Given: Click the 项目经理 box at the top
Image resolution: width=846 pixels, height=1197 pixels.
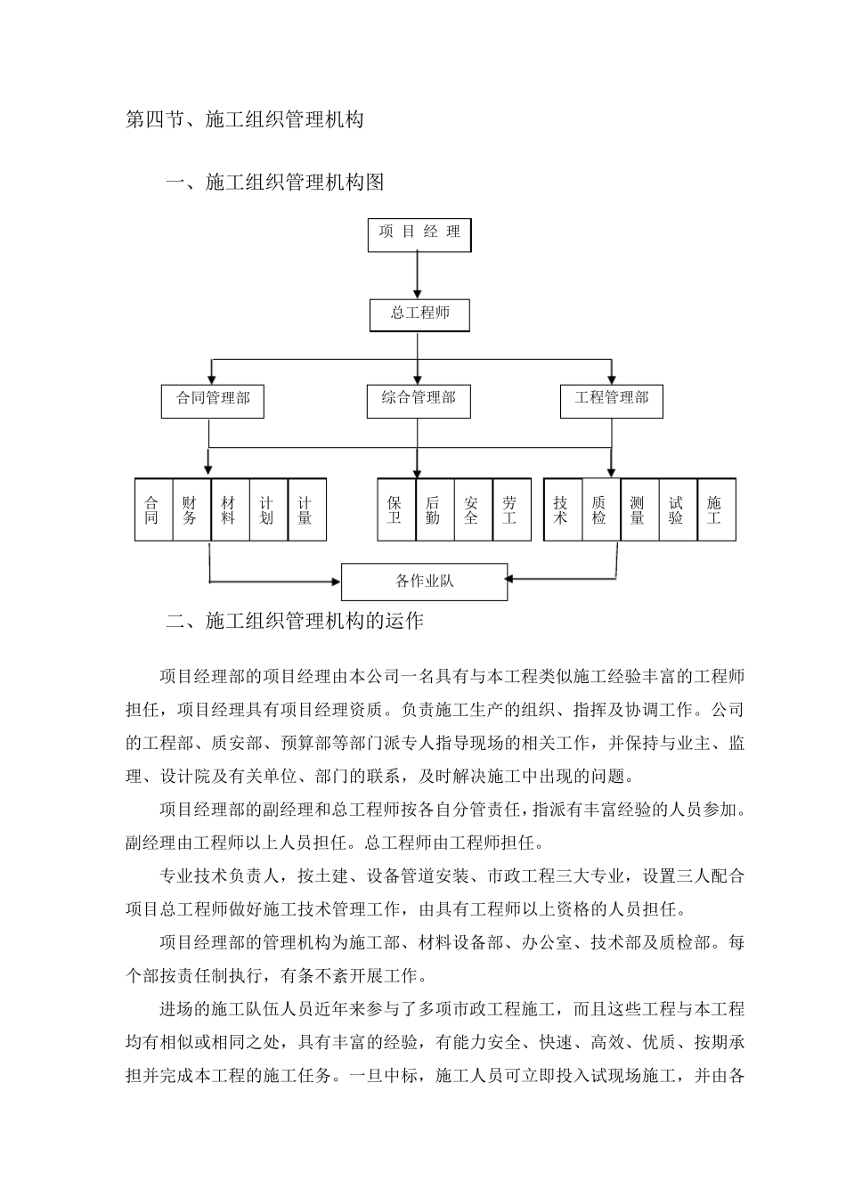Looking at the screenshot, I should point(419,234).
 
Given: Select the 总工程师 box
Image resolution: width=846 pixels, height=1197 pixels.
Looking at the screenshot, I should point(419,314).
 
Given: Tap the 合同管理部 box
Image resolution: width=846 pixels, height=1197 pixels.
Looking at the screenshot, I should point(213,400).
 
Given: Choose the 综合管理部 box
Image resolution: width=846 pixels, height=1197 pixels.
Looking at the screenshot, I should point(419,400).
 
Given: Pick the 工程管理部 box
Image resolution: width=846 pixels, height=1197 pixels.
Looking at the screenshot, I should point(612,400).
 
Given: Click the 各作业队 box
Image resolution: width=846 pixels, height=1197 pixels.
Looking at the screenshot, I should point(425,582).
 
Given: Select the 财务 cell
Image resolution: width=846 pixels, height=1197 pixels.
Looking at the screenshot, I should point(190,510).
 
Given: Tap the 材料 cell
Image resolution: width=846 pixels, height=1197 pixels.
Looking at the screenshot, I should point(229,510).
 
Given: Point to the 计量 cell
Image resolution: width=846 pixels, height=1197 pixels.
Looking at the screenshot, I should point(305,510).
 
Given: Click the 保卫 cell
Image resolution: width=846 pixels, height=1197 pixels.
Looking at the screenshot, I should point(395,510).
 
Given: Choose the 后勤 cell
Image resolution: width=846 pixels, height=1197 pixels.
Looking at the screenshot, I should point(434,510).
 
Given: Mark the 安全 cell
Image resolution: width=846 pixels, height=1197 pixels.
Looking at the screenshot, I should point(472,510).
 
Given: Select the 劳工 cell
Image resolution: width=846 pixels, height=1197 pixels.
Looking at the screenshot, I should point(510,510).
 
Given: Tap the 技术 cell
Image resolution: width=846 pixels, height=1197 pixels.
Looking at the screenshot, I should point(561,510).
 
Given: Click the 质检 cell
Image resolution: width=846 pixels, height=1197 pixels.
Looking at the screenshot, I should point(599,510).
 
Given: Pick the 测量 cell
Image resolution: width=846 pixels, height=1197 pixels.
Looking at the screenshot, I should point(638,510).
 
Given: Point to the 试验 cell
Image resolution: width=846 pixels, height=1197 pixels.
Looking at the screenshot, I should point(676,510).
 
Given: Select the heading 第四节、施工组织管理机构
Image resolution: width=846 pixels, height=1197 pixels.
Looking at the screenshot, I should point(244,119).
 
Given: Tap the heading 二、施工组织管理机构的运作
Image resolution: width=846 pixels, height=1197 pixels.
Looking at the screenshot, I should point(295,621).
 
